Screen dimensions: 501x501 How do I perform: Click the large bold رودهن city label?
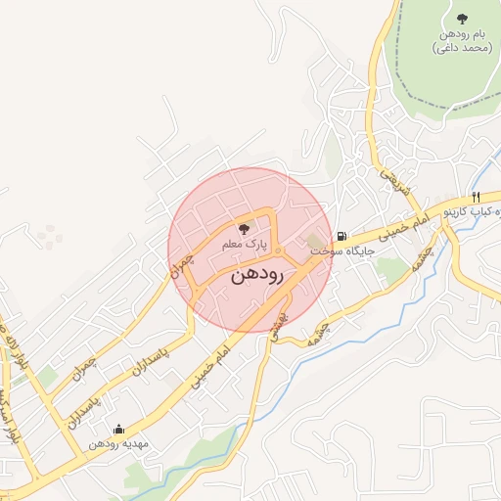point(257,276)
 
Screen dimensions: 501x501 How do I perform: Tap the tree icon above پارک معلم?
point(244,227)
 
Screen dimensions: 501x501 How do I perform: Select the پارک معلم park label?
point(244,242)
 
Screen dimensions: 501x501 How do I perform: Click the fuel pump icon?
point(340,235)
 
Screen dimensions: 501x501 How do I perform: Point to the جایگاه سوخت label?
point(343,250)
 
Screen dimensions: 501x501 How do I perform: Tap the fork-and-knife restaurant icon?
point(476,196)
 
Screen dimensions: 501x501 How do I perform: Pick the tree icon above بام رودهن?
point(462,19)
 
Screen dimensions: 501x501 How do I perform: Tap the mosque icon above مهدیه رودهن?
point(118,429)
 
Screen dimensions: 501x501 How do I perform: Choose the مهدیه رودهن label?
point(118,444)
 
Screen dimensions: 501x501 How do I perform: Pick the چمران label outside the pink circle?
point(86,369)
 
